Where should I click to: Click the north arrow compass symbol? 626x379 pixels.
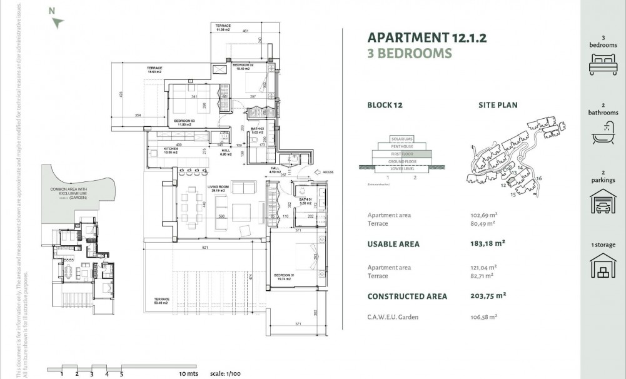(58, 23)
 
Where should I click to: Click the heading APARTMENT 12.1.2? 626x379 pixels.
(427, 38)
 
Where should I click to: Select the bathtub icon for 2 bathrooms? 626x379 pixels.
(603, 133)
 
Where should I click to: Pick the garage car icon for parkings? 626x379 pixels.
(603, 203)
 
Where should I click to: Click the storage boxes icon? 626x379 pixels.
(603, 266)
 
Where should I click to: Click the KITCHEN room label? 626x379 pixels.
(154, 149)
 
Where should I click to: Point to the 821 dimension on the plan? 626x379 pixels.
(204, 248)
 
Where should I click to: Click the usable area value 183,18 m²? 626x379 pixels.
(487, 244)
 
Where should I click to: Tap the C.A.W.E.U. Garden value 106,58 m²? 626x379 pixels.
(483, 317)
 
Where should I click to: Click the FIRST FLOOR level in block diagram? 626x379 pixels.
(401, 153)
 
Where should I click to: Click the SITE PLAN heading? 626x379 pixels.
(498, 105)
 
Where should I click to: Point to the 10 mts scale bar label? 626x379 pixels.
(188, 374)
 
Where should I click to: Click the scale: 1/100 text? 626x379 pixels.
(225, 374)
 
